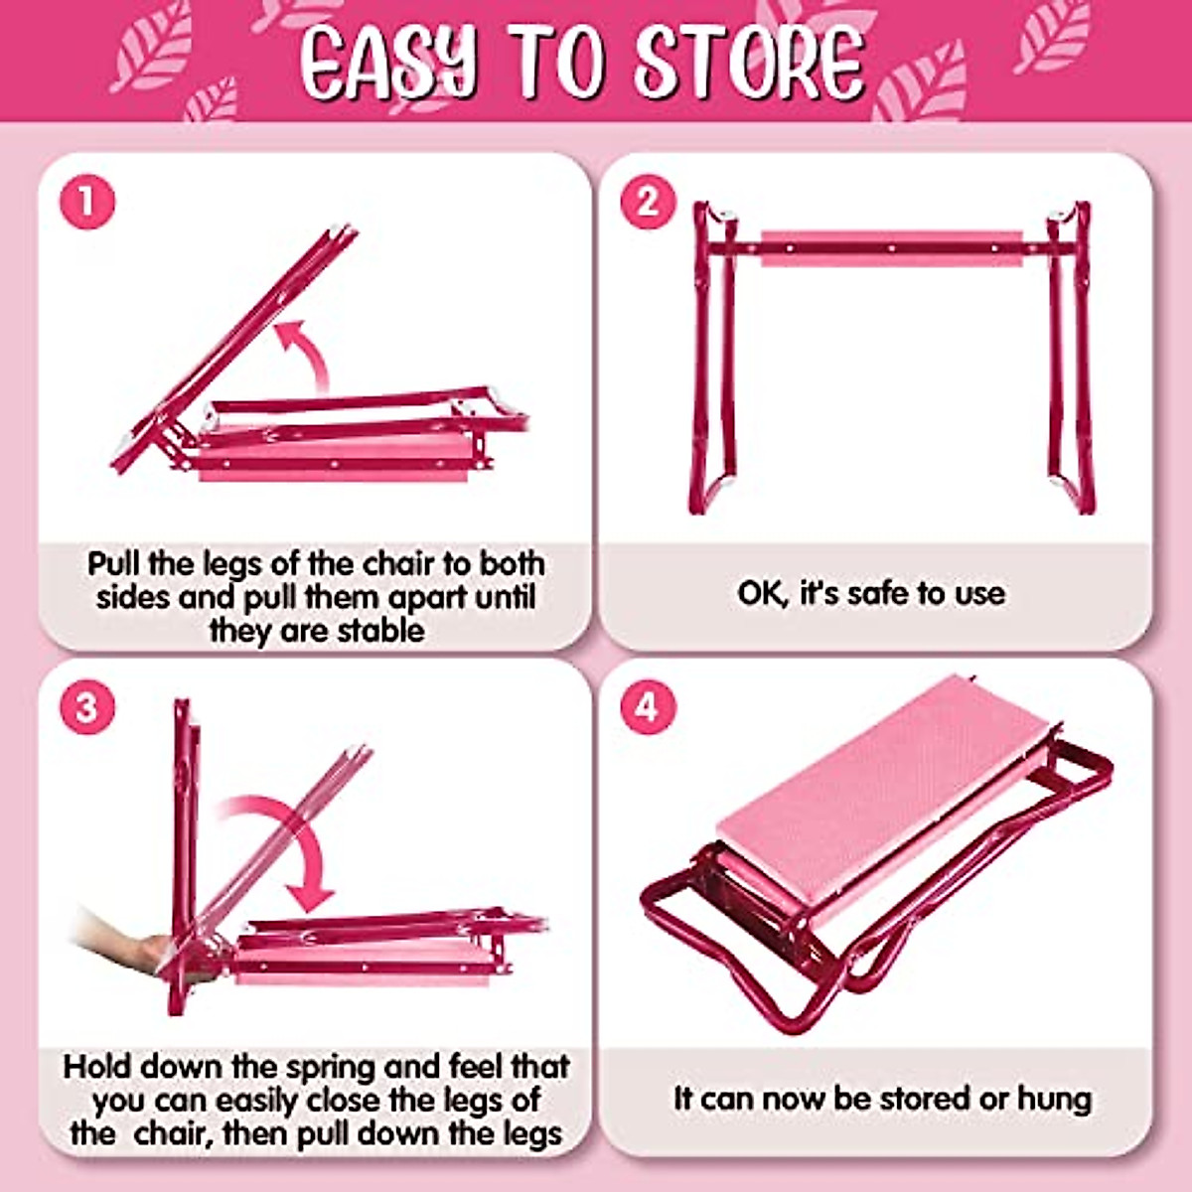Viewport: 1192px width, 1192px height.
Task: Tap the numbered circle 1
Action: tap(87, 202)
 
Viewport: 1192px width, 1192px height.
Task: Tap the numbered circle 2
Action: tap(648, 202)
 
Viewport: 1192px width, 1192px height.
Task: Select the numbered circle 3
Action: tap(87, 707)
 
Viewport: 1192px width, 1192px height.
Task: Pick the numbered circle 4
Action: tap(648, 707)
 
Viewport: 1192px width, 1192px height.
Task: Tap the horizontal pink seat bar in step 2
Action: tap(891, 247)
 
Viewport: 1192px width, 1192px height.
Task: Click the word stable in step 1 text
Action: tap(378, 631)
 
